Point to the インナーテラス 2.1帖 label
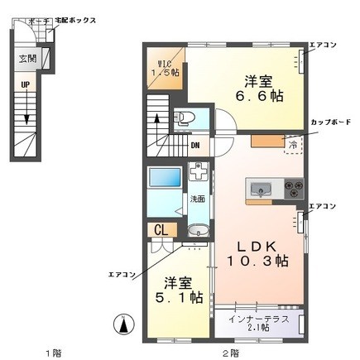coord(257,323)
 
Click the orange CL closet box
coord(161,230)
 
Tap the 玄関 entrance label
coord(27,60)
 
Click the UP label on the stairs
coord(25,84)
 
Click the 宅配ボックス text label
coord(78,19)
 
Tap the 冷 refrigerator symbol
coord(293,144)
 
